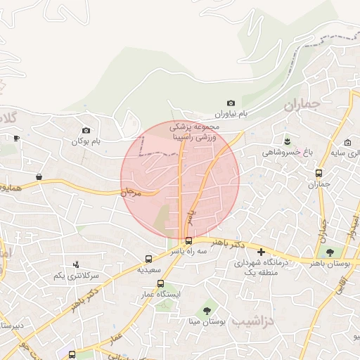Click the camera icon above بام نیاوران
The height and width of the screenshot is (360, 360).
point(231,103)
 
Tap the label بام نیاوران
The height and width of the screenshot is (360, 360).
point(232,114)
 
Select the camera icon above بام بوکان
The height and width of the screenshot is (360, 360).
point(86,130)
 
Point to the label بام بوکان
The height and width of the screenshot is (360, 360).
point(86,141)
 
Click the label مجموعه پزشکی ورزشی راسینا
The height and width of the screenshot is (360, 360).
point(196,132)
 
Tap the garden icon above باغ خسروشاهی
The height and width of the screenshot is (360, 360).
point(286,141)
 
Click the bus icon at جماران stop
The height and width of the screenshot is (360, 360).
point(319,173)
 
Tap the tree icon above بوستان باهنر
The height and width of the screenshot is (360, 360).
point(329,252)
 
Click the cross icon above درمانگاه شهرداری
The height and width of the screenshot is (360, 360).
point(261,252)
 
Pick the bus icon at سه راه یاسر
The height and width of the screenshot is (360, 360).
point(188,240)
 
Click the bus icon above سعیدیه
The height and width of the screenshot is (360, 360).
point(148,259)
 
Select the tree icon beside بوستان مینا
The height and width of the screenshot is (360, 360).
point(207,310)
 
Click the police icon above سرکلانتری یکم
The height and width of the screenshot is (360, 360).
point(76,265)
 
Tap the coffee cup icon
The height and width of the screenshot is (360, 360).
point(16,139)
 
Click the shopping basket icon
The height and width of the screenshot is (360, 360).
point(38,176)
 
